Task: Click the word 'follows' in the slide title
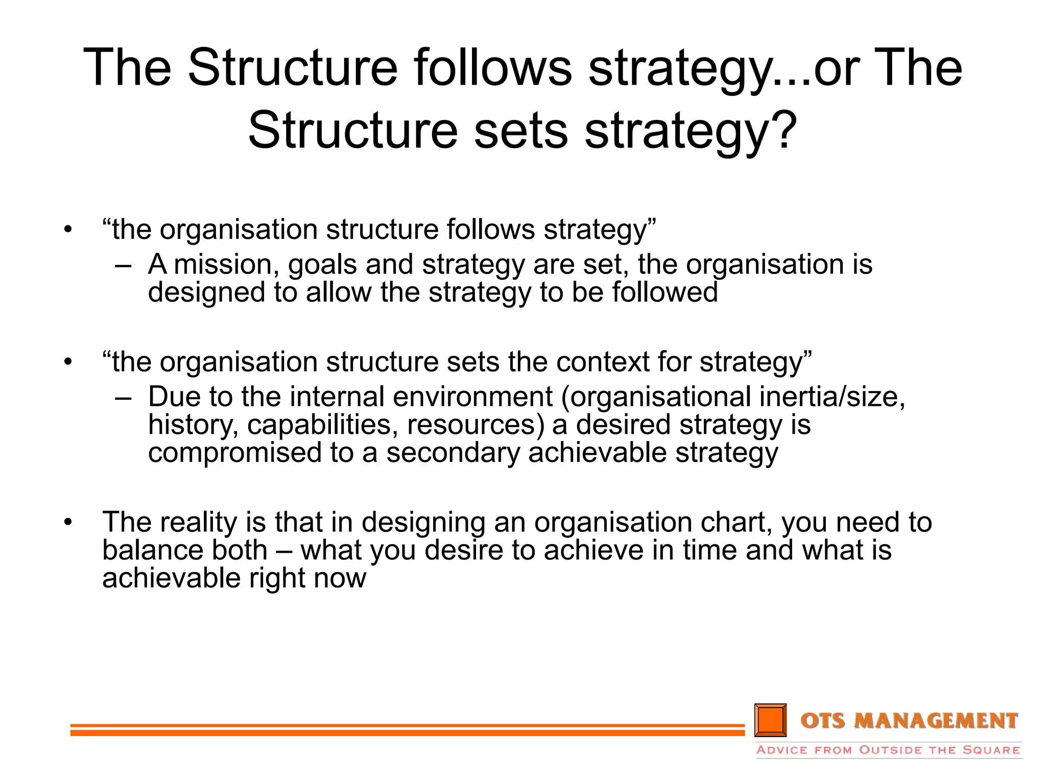pyautogui.click(x=492, y=67)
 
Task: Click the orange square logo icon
pyautogui.click(x=770, y=720)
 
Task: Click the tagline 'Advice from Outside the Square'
pyautogui.click(x=888, y=750)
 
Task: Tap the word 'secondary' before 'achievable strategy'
pyautogui.click(x=453, y=453)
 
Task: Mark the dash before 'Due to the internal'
pyautogui.click(x=123, y=398)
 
